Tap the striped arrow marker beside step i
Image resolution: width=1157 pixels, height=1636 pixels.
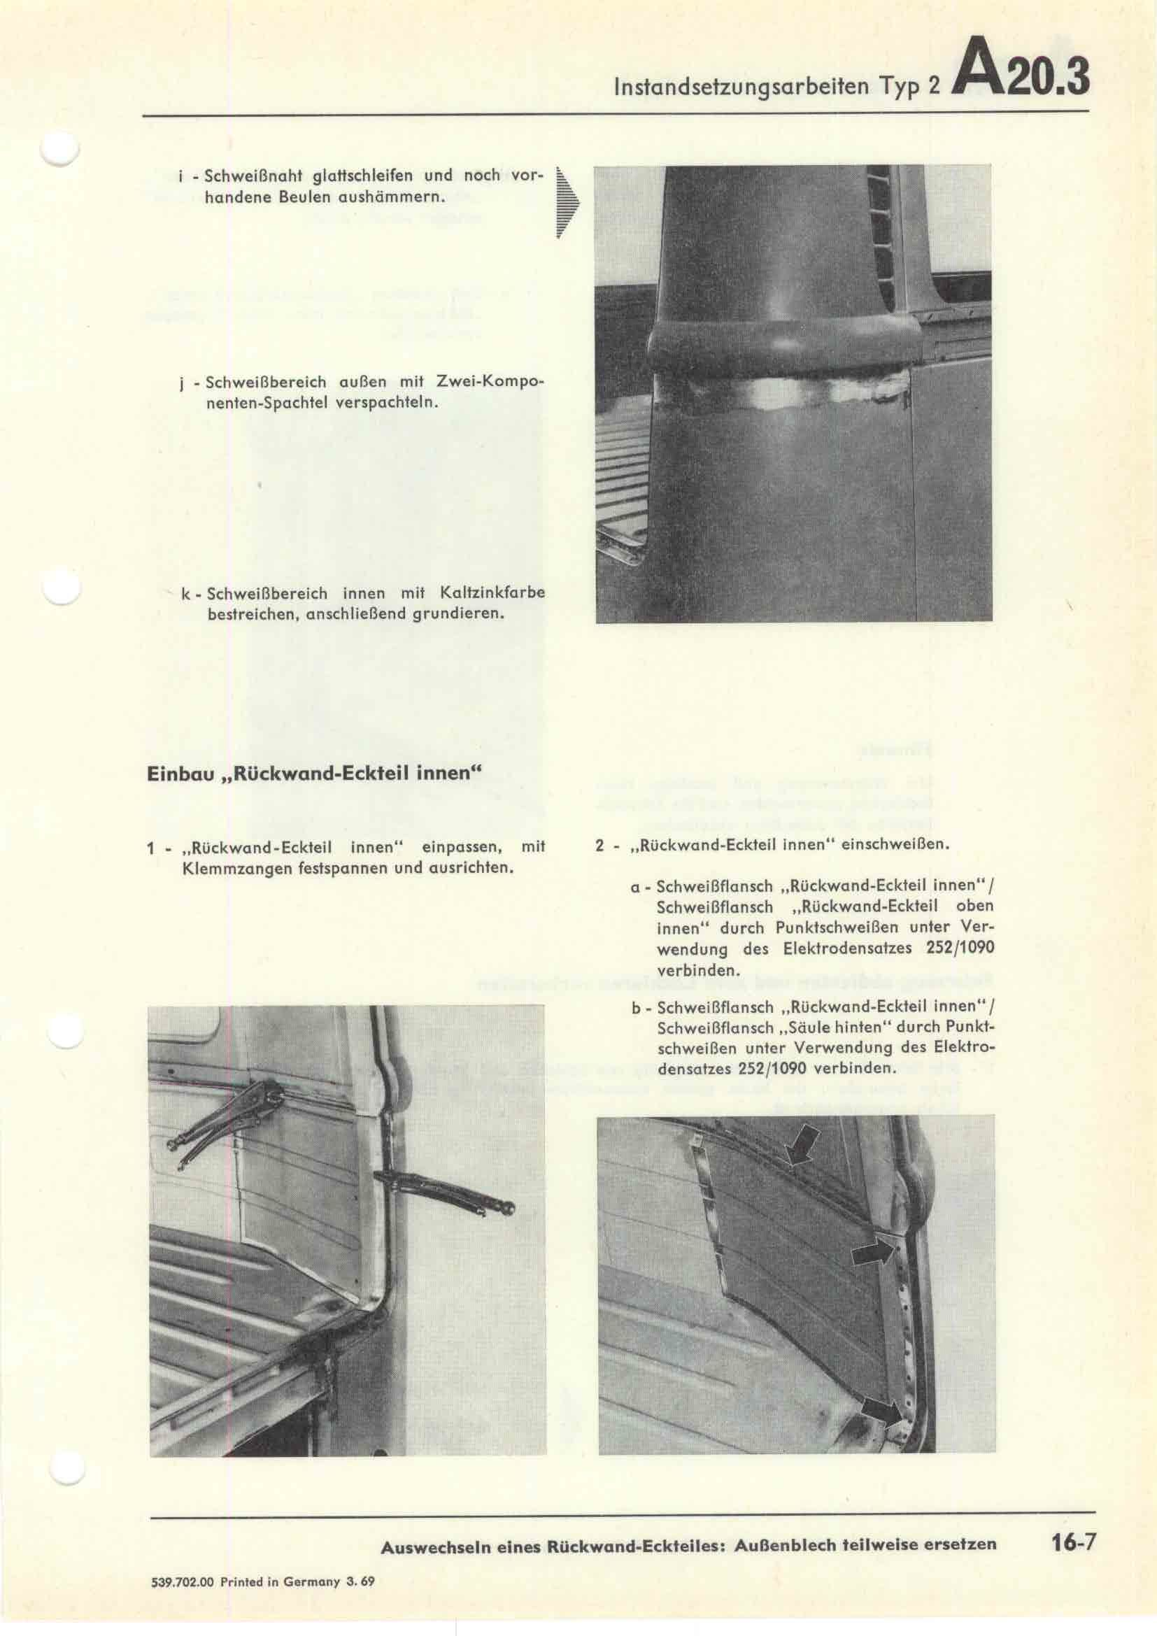pos(568,205)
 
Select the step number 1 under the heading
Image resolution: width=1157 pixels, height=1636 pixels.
pos(151,848)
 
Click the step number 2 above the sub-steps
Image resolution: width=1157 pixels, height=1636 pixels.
pos(600,846)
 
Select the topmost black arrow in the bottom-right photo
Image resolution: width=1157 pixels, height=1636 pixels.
pos(803,1148)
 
